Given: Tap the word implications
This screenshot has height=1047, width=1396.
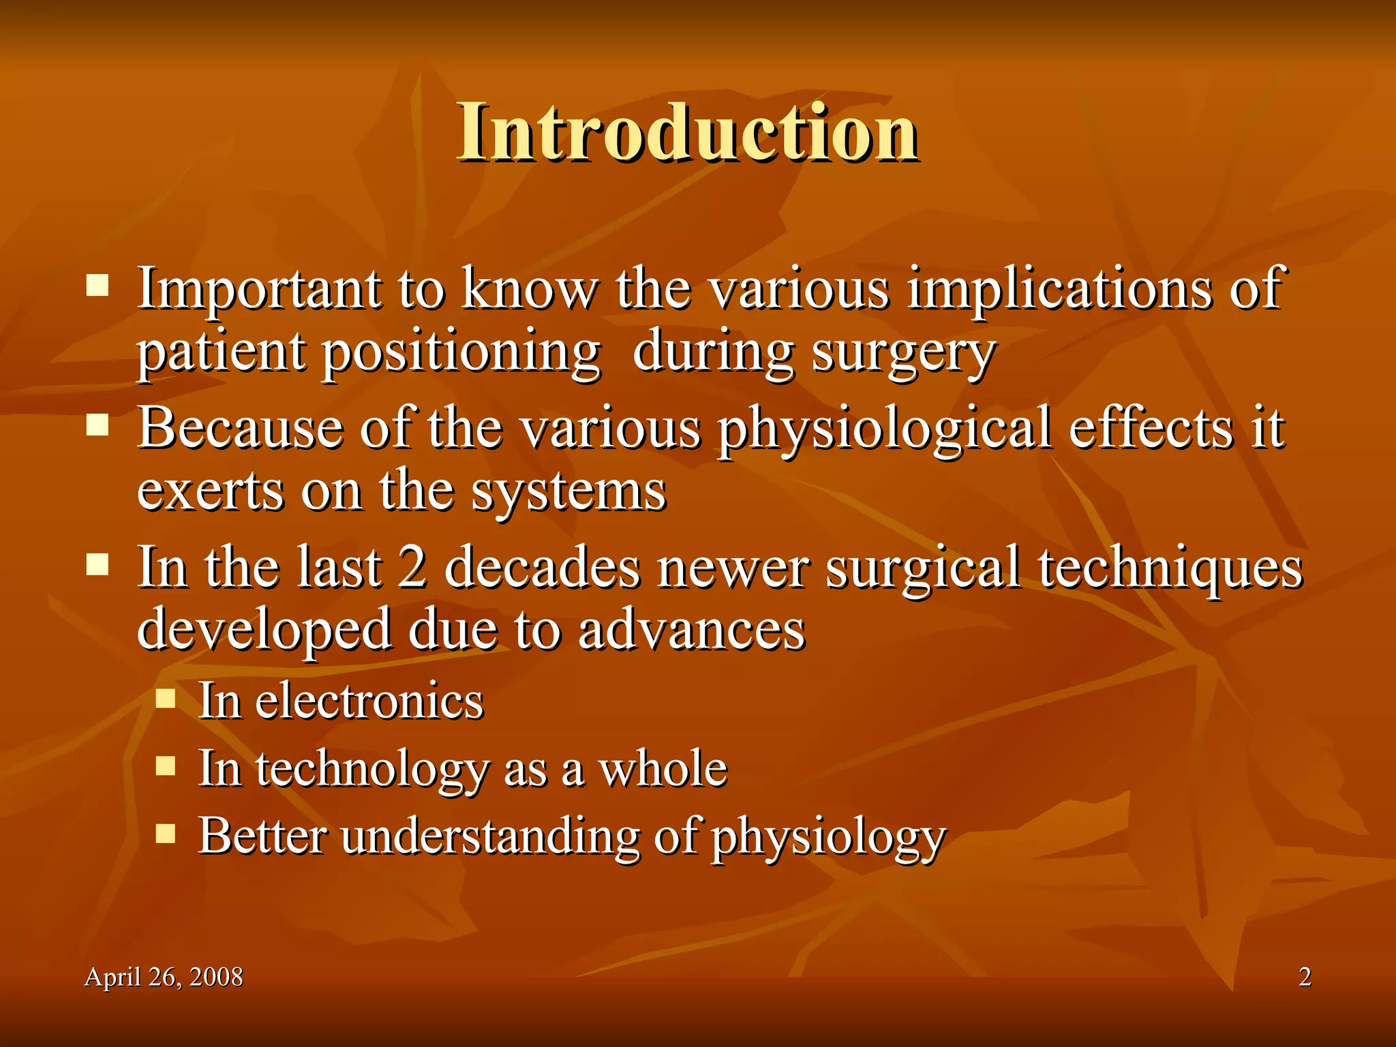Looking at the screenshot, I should pos(1060,290).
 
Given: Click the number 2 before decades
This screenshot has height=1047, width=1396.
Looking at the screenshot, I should pos(412,567).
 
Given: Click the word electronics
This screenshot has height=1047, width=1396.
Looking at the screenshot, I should pos(369,701).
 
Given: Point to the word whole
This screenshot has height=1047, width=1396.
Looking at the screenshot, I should pos(663,769).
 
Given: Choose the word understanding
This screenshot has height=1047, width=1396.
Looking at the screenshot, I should pos(491,836).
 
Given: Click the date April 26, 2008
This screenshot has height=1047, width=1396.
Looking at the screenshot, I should pos(164,977).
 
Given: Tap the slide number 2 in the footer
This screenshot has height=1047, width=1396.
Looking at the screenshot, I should pos(1305,977).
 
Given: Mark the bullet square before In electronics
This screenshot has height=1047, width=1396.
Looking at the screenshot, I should pos(166,699).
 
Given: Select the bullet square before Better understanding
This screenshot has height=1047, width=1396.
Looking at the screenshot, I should pos(166,834).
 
